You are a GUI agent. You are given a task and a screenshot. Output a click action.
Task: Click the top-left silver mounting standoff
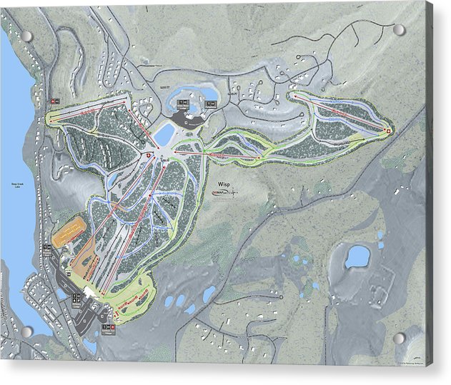(x=26, y=36)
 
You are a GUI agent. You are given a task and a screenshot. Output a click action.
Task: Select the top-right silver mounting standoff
(x=399, y=30)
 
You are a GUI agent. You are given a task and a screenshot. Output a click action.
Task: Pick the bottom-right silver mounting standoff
(x=399, y=338)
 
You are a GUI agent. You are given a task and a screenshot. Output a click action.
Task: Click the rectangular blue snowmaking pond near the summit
(x=164, y=133)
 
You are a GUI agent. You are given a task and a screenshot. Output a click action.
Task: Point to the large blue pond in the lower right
(x=357, y=256)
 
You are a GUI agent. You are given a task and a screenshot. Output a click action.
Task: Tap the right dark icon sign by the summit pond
(x=209, y=104)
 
